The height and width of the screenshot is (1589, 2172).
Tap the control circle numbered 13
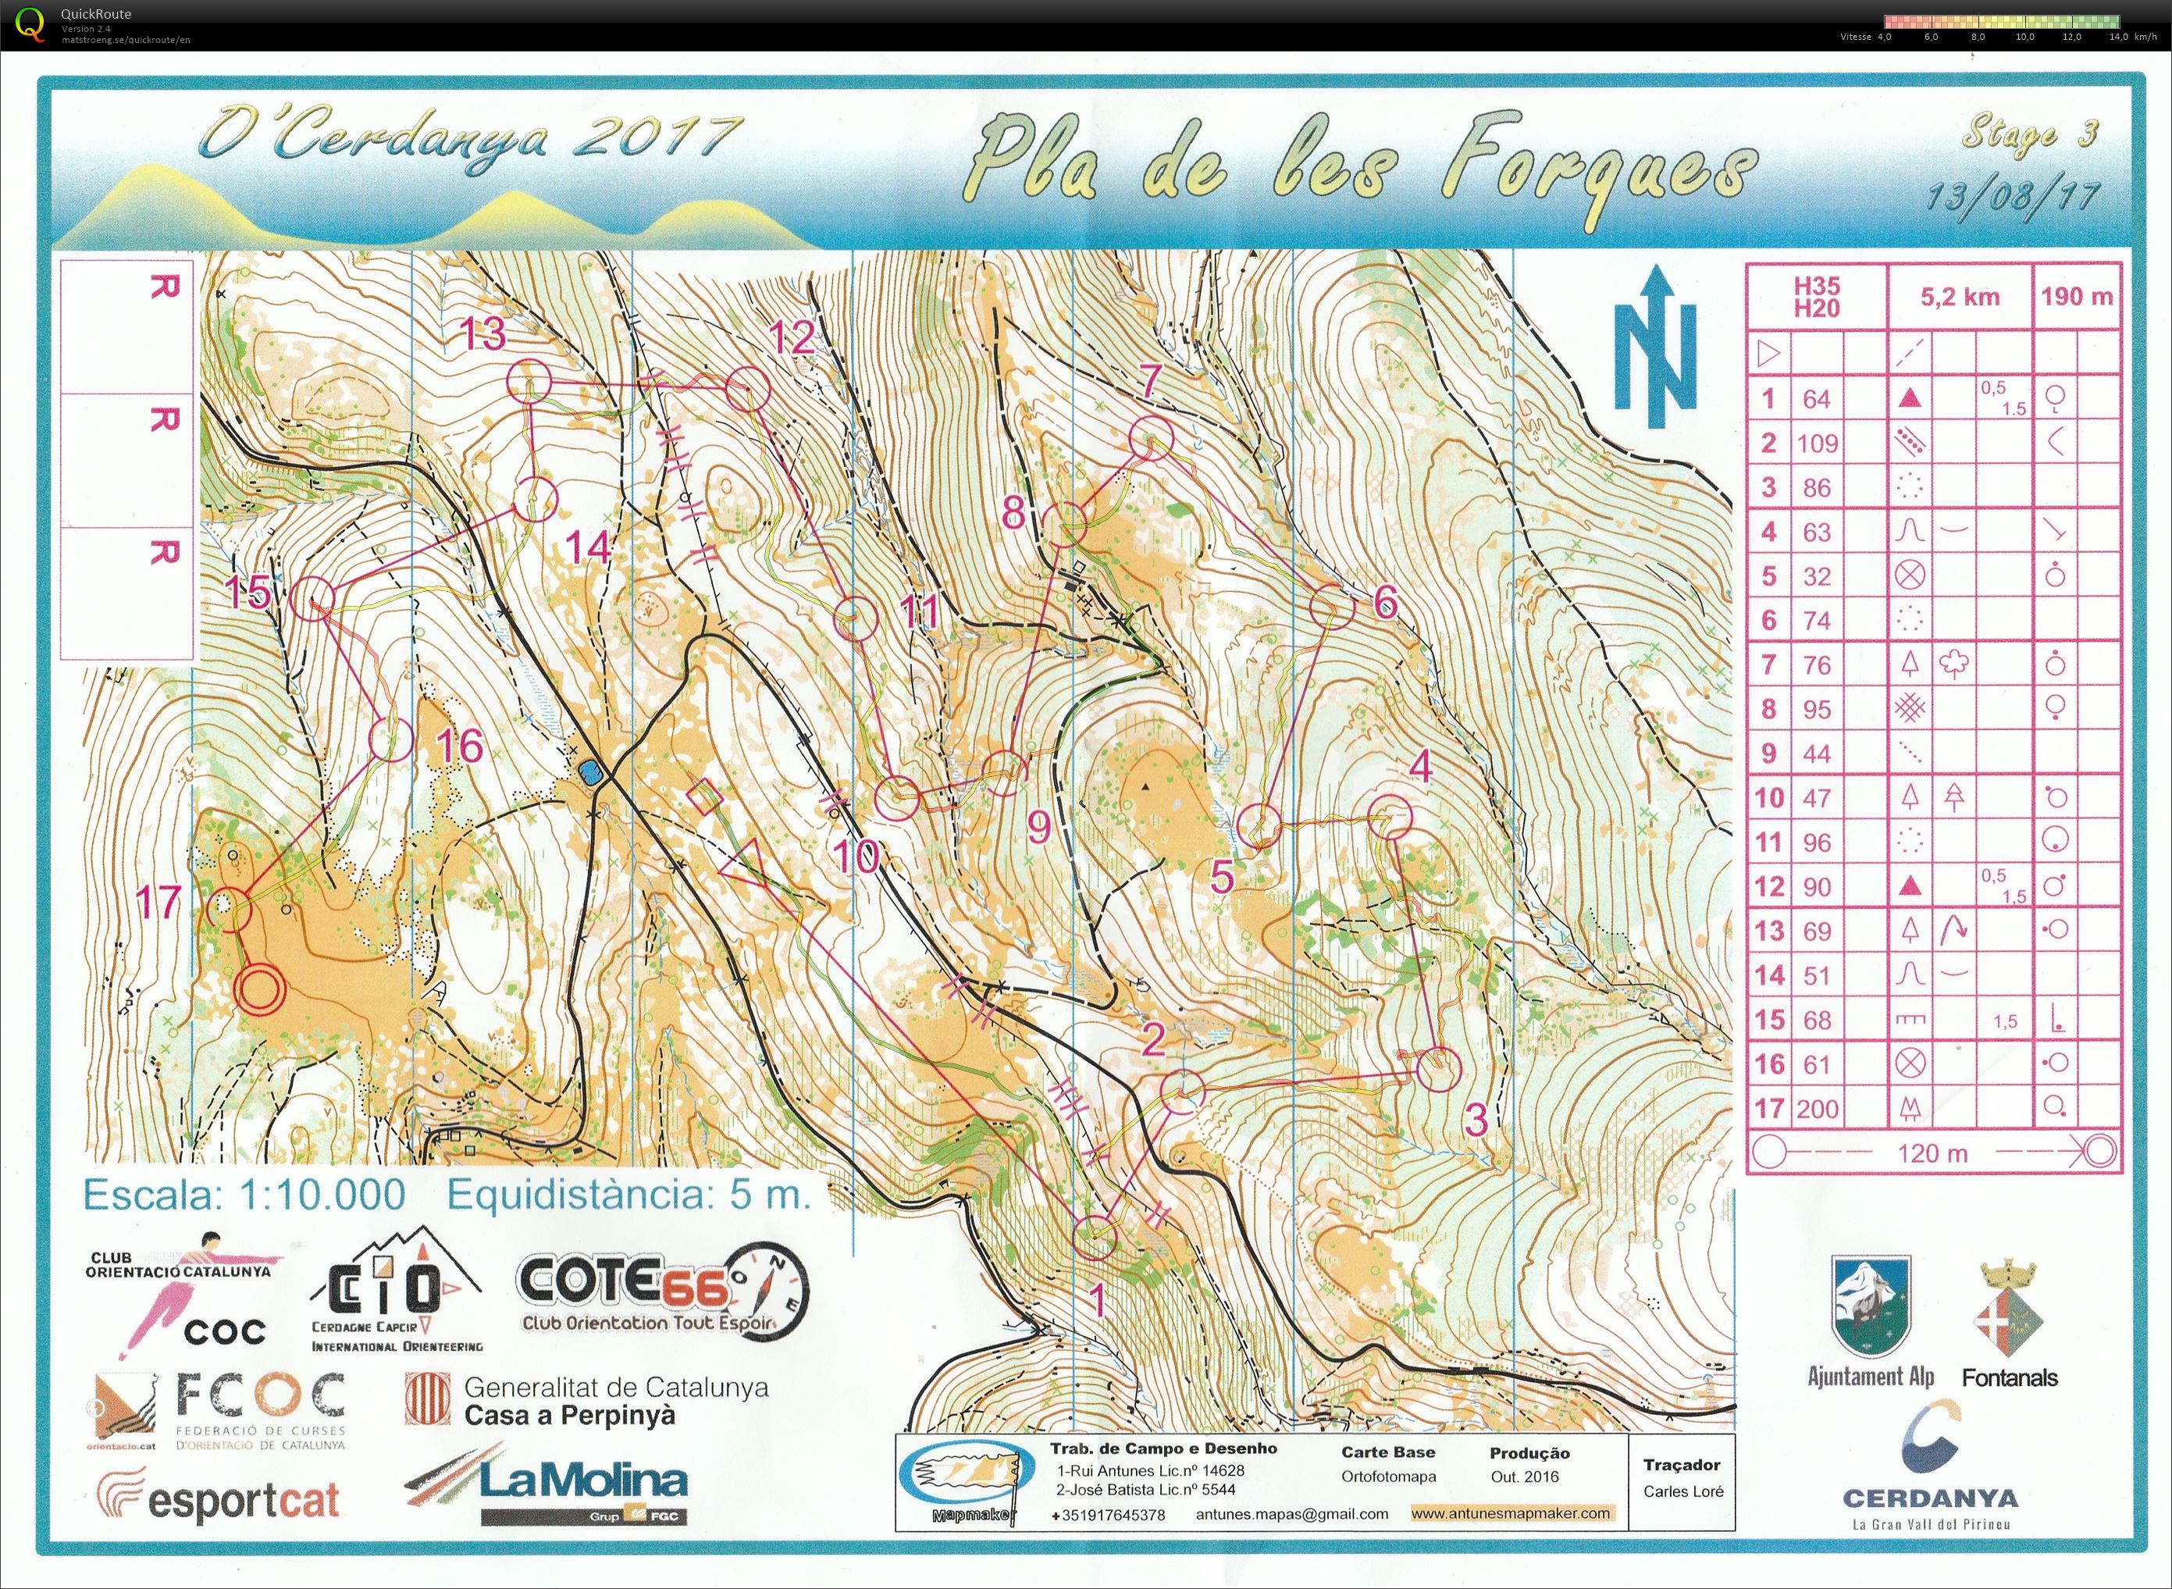pyautogui.click(x=528, y=382)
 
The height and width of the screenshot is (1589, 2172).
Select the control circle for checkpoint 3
pyautogui.click(x=1438, y=1069)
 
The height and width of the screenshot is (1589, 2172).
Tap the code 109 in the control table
pyautogui.click(x=1816, y=444)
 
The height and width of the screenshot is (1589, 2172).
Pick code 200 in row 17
pyautogui.click(x=1816, y=1109)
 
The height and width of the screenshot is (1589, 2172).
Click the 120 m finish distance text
pyautogui.click(x=1932, y=1153)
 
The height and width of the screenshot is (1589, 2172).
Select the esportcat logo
pyautogui.click(x=219, y=1499)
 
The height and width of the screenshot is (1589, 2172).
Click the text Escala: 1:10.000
pyautogui.click(x=244, y=1195)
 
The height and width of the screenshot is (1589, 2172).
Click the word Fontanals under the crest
pyautogui.click(x=2009, y=1378)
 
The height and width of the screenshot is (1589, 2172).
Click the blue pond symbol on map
pyautogui.click(x=590, y=771)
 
